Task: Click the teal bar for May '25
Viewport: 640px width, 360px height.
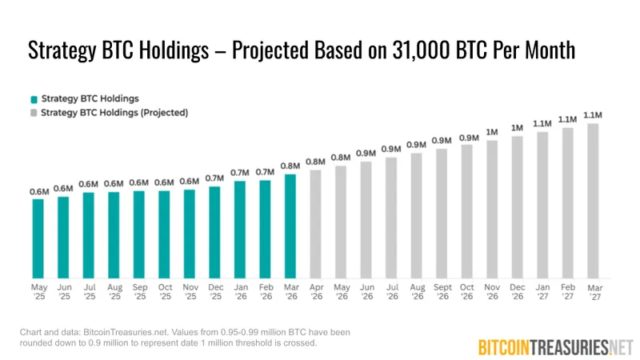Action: (38, 238)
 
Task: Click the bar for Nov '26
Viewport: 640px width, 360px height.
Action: (492, 209)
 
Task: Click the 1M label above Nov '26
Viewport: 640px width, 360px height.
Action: (492, 132)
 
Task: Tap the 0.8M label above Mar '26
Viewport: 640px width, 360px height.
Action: (290, 166)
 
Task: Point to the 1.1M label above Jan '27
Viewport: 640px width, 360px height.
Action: (542, 123)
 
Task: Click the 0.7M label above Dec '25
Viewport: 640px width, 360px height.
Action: (214, 178)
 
